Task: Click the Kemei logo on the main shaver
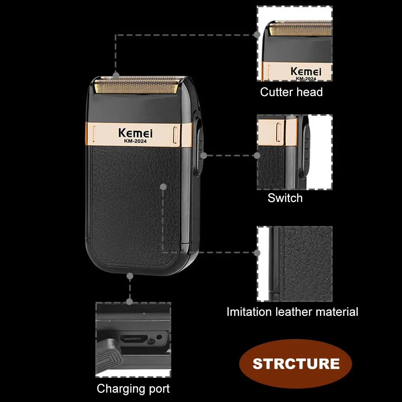(135, 133)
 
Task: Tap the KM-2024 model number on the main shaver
(135, 141)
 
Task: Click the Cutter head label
(291, 92)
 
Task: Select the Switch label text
(285, 198)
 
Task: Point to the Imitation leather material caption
(292, 312)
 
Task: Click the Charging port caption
(133, 389)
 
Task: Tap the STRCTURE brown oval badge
(296, 363)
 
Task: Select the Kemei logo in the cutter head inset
(306, 71)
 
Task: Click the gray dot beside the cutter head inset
(257, 35)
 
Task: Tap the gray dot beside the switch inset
(257, 155)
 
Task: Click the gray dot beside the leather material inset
(257, 253)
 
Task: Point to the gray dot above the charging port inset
(130, 301)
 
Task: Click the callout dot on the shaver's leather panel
(163, 187)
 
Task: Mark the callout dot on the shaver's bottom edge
(130, 276)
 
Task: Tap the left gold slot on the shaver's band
(94, 132)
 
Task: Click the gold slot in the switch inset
(278, 131)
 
